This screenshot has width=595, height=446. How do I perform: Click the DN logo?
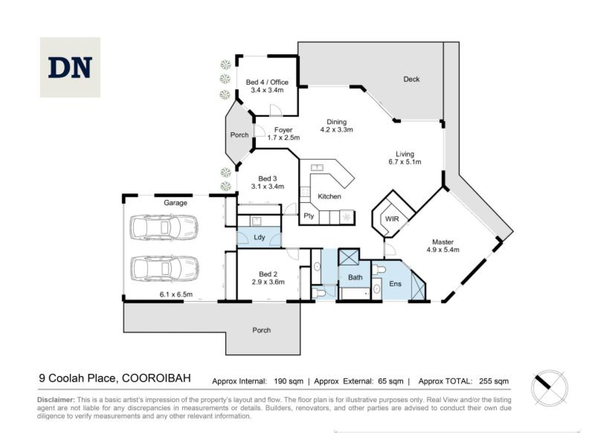(x=70, y=67)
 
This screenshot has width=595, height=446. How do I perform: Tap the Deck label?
(x=411, y=79)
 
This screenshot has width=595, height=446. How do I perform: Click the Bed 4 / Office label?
(x=267, y=82)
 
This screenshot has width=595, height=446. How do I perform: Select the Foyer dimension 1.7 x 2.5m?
(x=283, y=138)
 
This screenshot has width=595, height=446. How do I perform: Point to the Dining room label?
(x=337, y=122)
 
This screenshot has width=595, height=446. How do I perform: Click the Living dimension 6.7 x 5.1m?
(x=405, y=162)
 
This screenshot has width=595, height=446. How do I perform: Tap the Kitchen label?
(x=329, y=196)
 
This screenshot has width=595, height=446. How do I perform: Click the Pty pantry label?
(x=309, y=216)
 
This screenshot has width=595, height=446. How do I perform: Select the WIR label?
(x=392, y=219)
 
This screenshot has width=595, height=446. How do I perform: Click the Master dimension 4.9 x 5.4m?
(x=443, y=250)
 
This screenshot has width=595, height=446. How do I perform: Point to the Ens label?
(x=395, y=284)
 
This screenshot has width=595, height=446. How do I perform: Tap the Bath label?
(x=355, y=277)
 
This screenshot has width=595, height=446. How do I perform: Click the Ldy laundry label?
(x=259, y=237)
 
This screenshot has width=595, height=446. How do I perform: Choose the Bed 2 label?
(x=268, y=274)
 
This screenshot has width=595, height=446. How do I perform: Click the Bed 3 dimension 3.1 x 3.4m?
(x=267, y=186)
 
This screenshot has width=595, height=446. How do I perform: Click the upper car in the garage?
(x=164, y=228)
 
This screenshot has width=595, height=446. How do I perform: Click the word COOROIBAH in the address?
(x=156, y=378)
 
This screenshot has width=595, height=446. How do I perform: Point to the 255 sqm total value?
(x=494, y=381)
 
